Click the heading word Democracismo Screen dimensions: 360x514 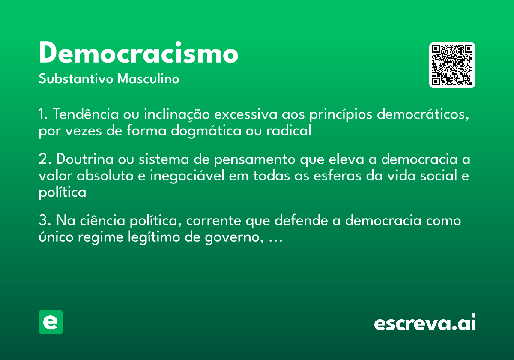click(x=138, y=53)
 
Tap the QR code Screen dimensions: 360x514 click(x=452, y=65)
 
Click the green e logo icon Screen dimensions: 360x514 click(x=51, y=322)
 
